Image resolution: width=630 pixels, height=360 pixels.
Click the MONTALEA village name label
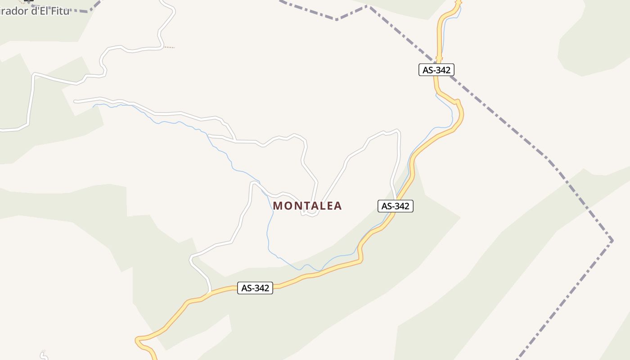(307, 206)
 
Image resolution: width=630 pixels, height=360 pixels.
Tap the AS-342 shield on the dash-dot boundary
(436, 70)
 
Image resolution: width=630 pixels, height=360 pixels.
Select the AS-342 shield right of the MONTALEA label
(395, 206)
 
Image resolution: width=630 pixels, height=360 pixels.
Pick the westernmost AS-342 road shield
(255, 288)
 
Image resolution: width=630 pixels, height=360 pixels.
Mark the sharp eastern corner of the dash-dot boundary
(612, 240)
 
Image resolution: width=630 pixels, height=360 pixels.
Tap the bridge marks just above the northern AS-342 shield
(439, 58)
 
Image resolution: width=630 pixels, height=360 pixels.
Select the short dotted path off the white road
(168, 47)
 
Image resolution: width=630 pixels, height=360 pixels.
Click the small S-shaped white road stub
(43, 355)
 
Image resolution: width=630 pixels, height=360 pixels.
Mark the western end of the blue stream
(94, 107)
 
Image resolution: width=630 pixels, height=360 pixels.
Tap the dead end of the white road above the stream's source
(75, 102)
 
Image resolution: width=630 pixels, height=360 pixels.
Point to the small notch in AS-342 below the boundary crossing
(458, 102)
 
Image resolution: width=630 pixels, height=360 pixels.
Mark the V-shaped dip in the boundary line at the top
(337, 19)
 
